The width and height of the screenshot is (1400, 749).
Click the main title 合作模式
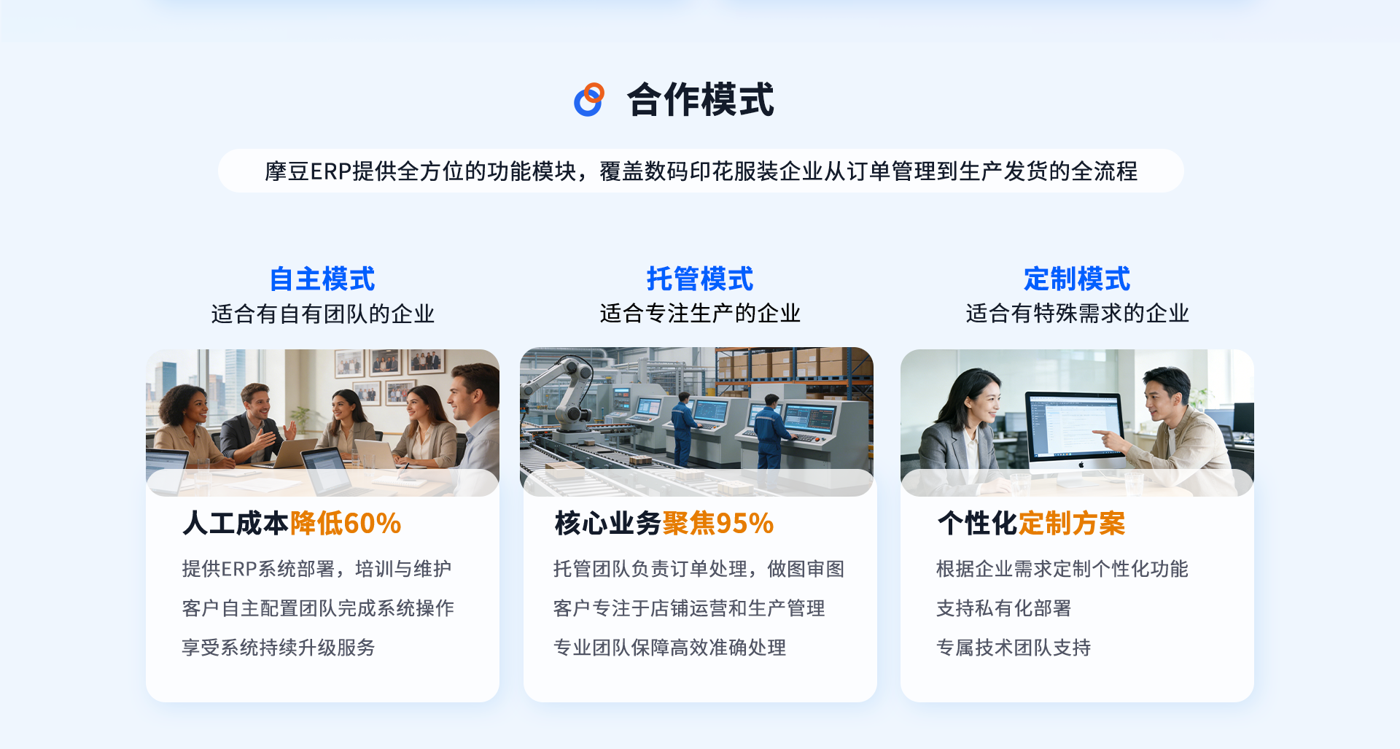tap(700, 99)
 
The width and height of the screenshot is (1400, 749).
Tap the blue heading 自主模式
tap(322, 279)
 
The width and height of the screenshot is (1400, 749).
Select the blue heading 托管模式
tap(700, 279)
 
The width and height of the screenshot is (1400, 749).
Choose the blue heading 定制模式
tap(1077, 279)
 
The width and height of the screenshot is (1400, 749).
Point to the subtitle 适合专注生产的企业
tap(700, 314)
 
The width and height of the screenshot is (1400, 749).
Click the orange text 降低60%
tap(346, 524)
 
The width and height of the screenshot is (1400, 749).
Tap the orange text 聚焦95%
tap(718, 524)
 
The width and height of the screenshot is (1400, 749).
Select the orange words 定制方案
tap(1072, 524)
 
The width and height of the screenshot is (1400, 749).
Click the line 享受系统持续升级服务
tap(279, 648)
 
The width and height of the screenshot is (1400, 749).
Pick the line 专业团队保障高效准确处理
tap(669, 648)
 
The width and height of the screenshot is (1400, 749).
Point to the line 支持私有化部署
tap(1003, 608)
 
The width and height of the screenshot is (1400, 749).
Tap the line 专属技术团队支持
tap(1014, 648)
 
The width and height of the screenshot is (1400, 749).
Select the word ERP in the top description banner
tap(331, 171)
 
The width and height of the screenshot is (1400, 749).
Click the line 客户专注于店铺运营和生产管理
tap(689, 608)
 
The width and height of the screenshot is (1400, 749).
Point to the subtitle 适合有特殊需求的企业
tap(1077, 314)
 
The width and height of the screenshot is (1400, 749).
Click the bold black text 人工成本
tap(236, 524)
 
